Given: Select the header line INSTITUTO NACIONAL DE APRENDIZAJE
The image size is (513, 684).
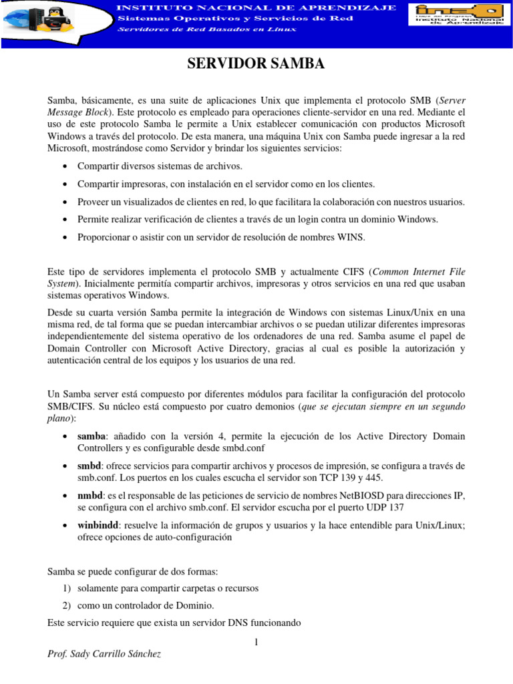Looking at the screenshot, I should click(256, 7).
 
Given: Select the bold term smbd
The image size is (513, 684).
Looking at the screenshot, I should click(89, 466).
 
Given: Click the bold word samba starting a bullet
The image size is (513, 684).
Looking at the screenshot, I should click(92, 436).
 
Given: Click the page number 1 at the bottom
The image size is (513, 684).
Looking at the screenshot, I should click(256, 643).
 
